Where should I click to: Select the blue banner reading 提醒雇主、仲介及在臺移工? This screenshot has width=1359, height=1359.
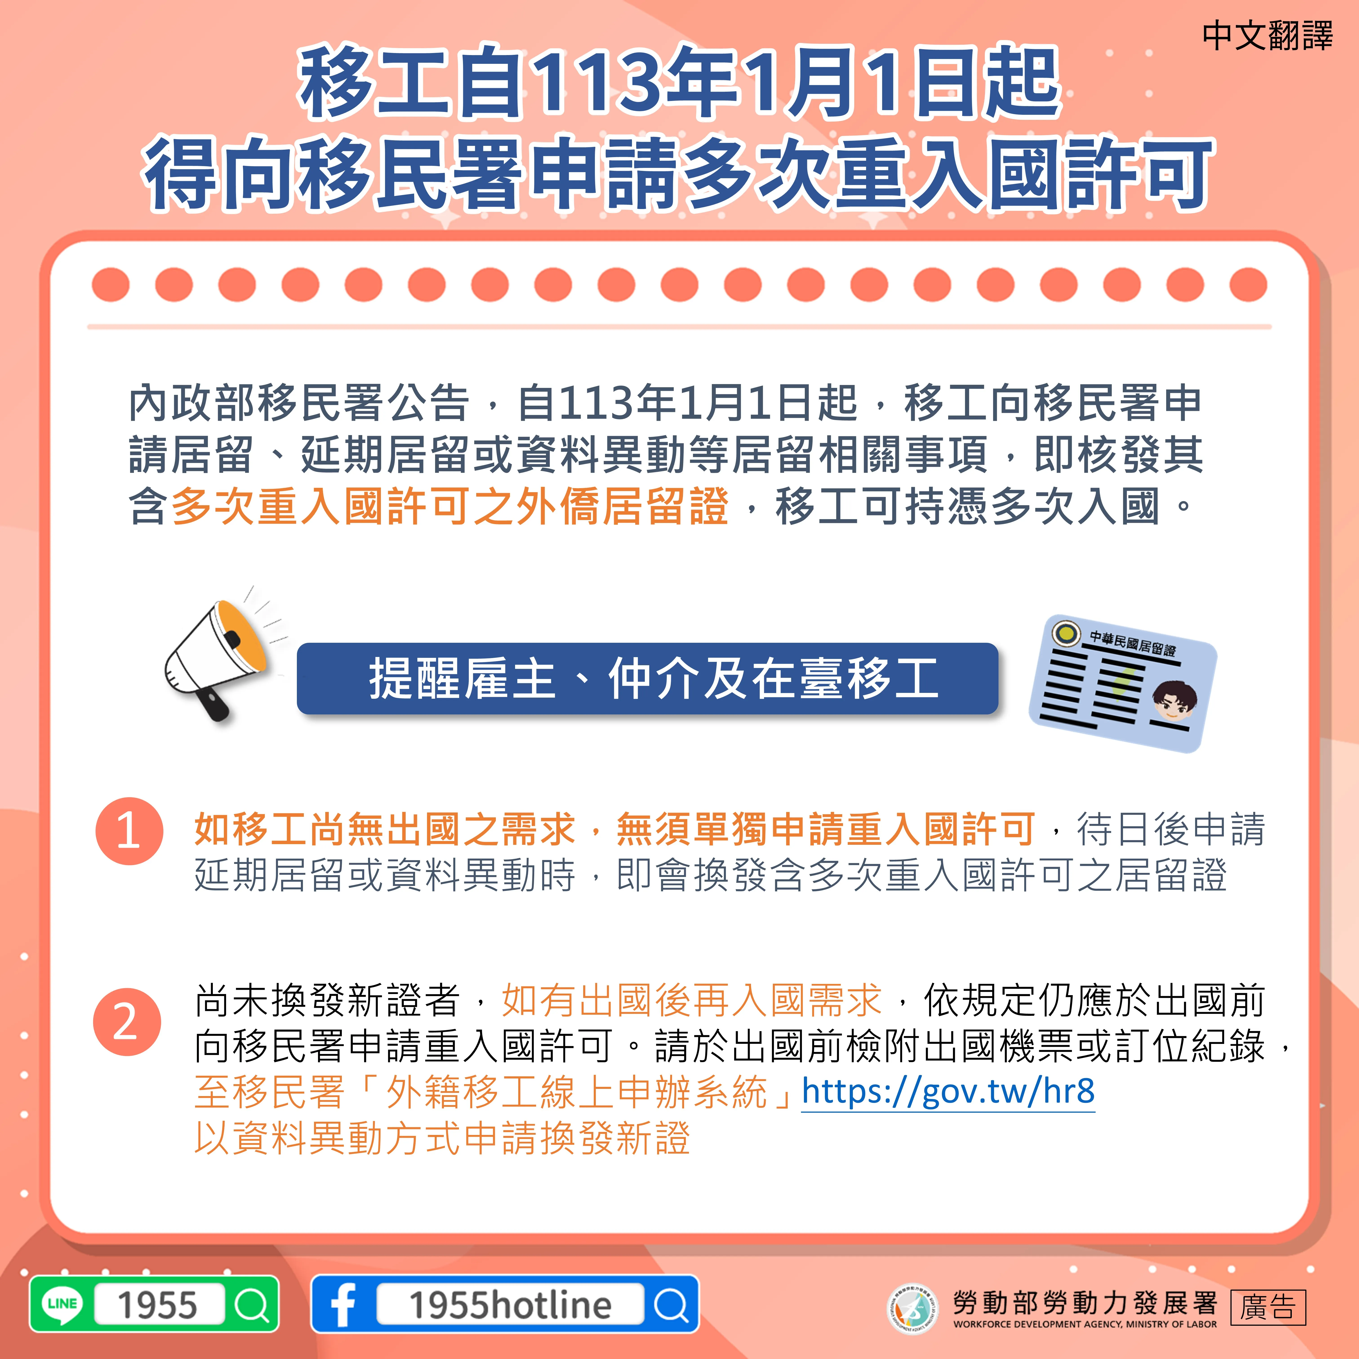coord(647,679)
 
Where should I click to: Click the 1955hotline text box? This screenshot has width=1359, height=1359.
coord(510,1305)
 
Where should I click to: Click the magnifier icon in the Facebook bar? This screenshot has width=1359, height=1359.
coord(672,1305)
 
